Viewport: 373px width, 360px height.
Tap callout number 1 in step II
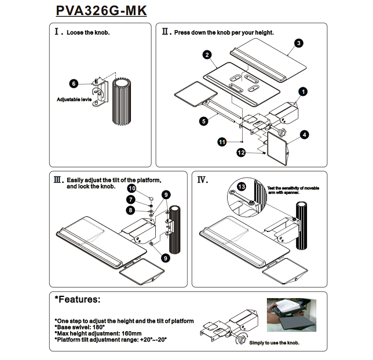[303, 91]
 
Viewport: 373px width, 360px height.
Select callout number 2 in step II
[207, 55]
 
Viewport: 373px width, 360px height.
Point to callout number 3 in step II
[298, 43]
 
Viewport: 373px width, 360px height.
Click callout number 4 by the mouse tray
[303, 135]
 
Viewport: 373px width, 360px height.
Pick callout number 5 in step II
[204, 122]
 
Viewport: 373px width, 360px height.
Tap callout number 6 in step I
[74, 84]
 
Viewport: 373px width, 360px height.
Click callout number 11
[222, 141]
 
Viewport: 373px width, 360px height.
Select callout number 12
[241, 152]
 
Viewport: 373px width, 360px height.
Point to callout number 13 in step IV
[242, 186]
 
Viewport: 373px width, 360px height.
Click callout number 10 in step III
[131, 189]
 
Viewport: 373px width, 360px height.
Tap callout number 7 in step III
[131, 199]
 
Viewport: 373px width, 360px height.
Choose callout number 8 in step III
[131, 210]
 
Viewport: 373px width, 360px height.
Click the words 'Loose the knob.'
[88, 32]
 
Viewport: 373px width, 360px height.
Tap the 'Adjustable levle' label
[74, 100]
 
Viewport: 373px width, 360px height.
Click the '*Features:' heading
[77, 300]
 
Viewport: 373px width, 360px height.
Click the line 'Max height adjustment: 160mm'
[99, 333]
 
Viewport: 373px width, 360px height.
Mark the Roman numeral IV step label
[202, 180]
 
